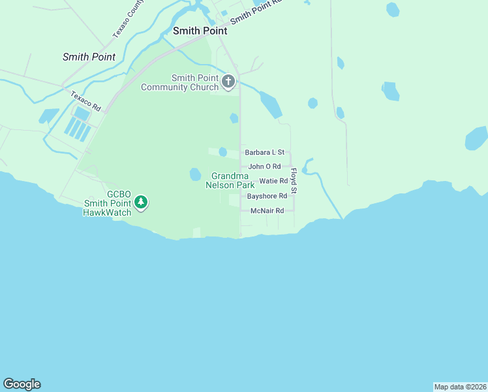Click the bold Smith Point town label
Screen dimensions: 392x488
(200, 31)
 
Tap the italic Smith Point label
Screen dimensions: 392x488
(89, 57)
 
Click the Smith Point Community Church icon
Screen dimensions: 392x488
(228, 82)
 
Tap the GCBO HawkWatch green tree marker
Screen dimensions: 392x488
(140, 204)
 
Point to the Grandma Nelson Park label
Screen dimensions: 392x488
(230, 180)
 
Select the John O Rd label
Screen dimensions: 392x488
(264, 167)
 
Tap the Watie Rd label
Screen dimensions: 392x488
(273, 181)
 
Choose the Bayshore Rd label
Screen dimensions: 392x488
(267, 196)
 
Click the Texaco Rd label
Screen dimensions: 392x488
(86, 101)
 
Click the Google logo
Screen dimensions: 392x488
(22, 384)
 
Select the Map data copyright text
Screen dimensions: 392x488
(460, 387)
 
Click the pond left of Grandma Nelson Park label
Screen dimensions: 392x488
(195, 174)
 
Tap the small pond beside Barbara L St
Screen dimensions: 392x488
(223, 152)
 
